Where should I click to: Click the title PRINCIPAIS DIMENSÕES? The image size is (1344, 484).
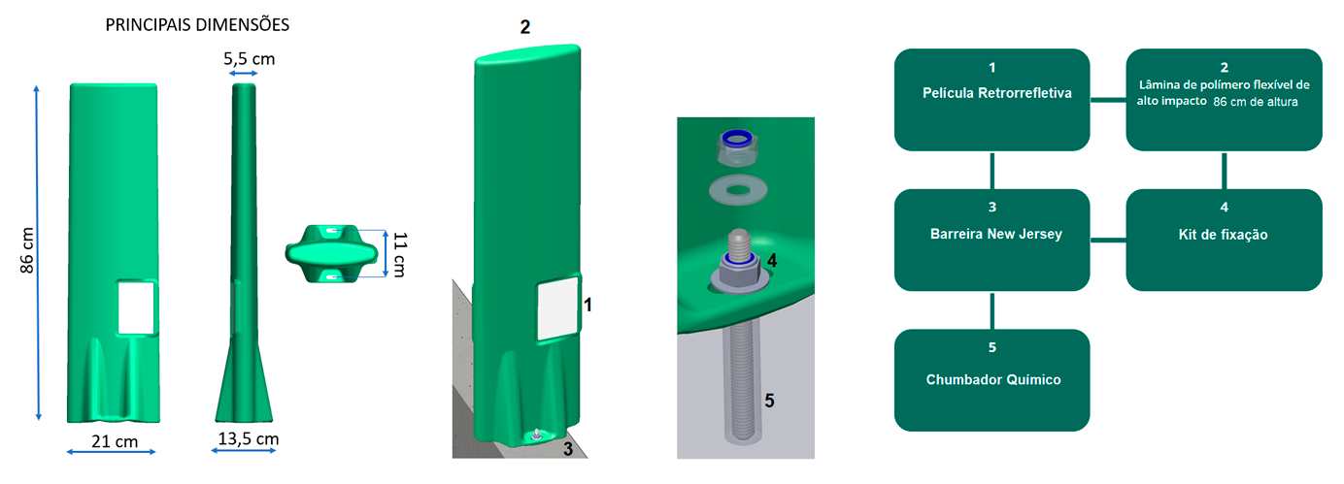tap(197, 25)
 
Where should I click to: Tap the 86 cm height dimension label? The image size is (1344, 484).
tap(27, 250)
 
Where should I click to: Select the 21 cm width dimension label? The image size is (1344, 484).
tap(115, 441)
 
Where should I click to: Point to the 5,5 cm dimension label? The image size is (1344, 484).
tap(249, 59)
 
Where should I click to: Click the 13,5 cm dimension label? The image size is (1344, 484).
tap(248, 439)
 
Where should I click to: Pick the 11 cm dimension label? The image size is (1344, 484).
tap(399, 254)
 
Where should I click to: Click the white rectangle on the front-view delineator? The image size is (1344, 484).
tap(136, 307)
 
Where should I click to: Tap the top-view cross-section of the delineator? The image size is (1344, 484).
tap(331, 253)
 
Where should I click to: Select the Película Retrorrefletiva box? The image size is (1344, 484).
tap(991, 100)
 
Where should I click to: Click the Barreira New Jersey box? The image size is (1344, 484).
tap(991, 240)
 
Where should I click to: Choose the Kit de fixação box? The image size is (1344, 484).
tap(1224, 240)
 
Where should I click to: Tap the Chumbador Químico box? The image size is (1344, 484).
tap(991, 380)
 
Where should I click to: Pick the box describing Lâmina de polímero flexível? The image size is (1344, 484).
tap(1224, 100)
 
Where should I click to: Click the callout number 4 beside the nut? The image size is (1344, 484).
tap(772, 261)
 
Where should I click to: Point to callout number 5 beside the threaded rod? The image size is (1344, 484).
tap(770, 401)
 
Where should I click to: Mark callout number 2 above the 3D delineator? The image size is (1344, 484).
tap(525, 27)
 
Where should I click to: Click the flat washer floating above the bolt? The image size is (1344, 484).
tap(738, 190)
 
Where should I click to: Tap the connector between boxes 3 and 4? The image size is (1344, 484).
tap(1108, 241)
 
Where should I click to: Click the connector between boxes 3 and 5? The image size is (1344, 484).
tap(991, 310)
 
